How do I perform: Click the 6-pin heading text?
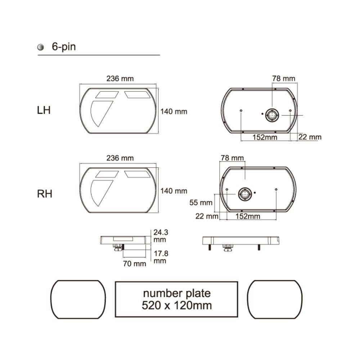(64, 47)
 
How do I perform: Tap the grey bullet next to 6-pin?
(41, 47)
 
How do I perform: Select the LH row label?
(44, 111)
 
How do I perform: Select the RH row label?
(45, 194)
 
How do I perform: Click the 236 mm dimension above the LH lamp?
(120, 79)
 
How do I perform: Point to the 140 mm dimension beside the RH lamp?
(174, 191)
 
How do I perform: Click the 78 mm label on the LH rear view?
(284, 78)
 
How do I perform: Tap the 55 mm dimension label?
(201, 202)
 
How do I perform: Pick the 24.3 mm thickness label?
(161, 236)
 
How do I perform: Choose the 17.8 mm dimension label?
(161, 257)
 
